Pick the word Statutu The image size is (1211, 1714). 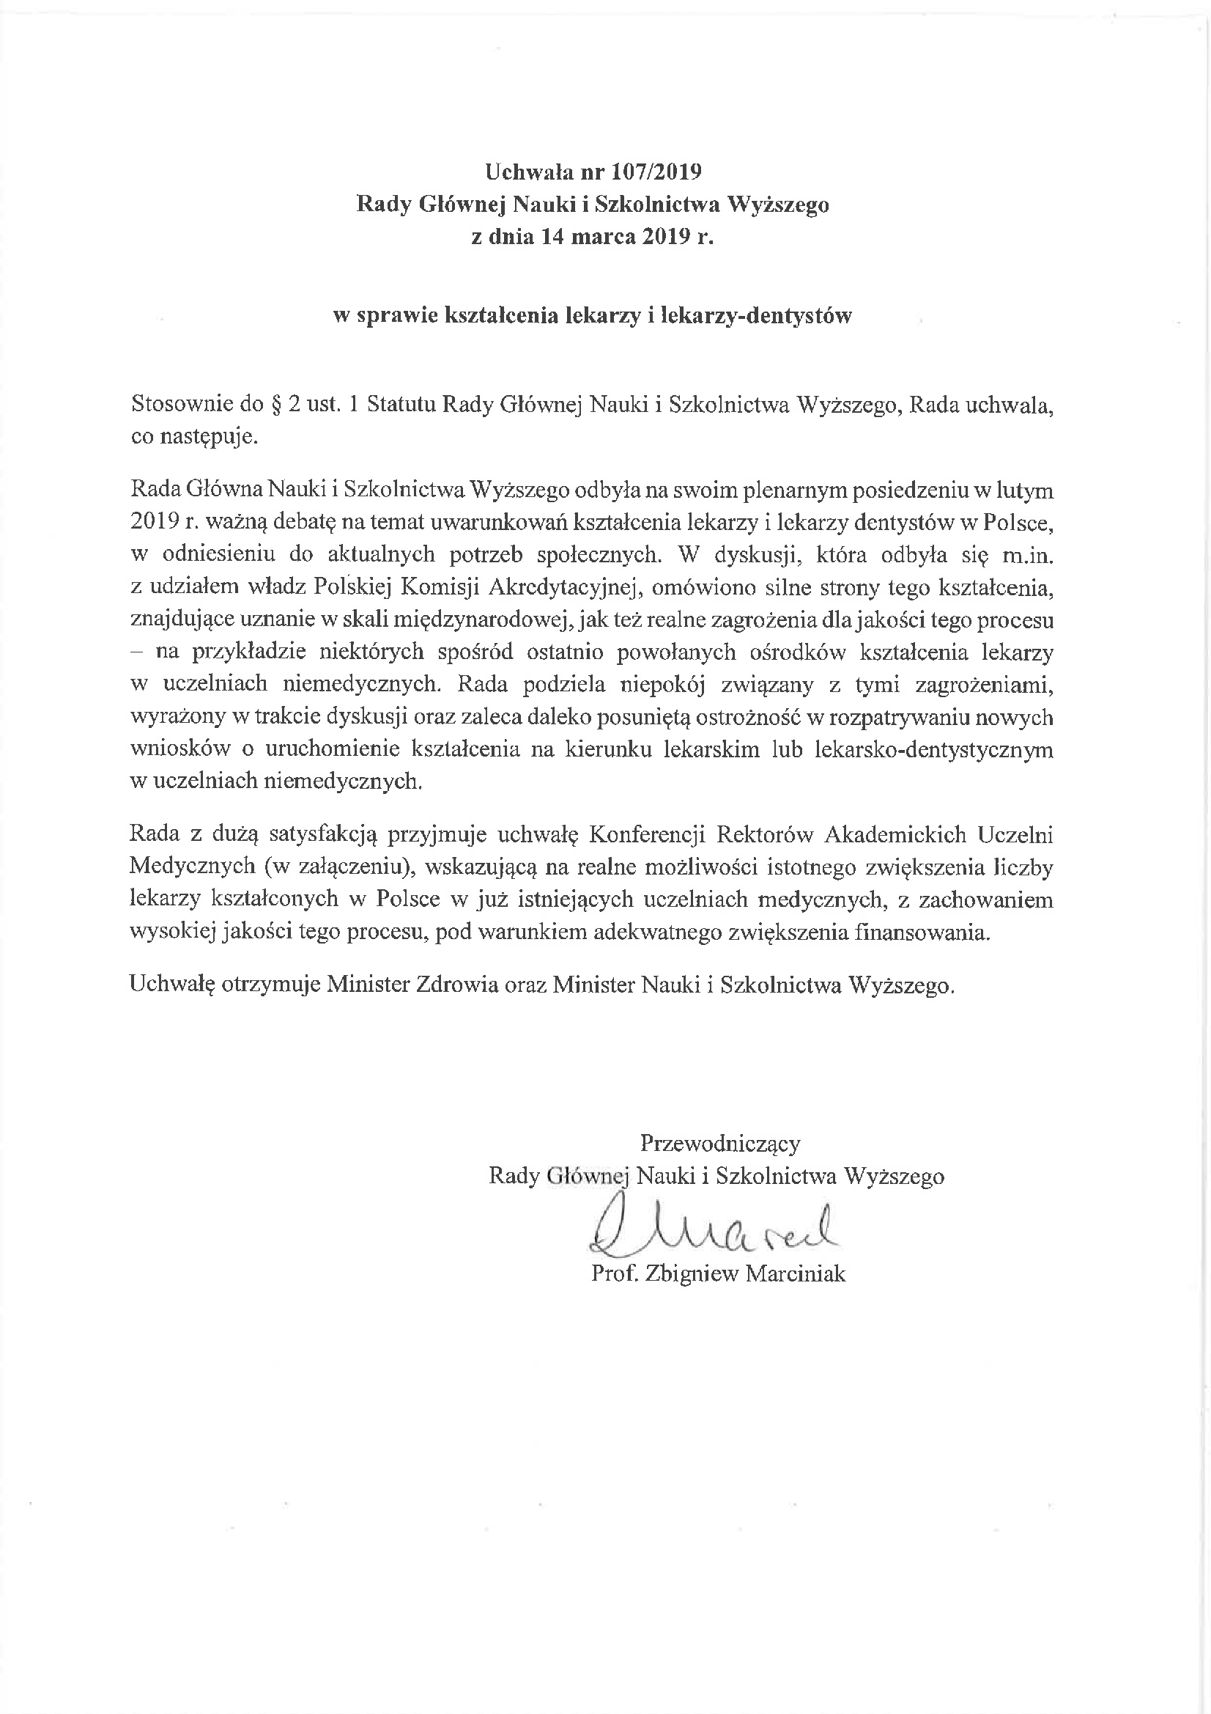pyautogui.click(x=401, y=405)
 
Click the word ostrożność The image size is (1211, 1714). pyautogui.click(x=749, y=718)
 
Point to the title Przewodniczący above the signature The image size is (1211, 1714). pyautogui.click(x=720, y=1144)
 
